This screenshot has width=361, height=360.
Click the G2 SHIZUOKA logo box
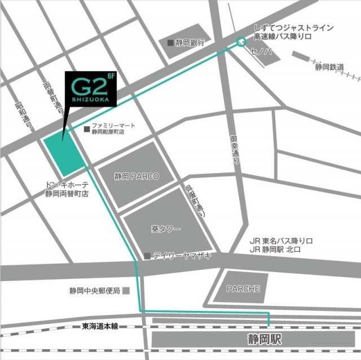91,89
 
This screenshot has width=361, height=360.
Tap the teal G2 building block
63,154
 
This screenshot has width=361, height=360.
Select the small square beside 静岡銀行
170,42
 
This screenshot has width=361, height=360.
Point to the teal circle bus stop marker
241,41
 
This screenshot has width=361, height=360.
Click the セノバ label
262,52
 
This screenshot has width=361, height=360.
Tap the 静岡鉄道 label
330,67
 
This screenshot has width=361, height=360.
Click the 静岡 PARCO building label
137,176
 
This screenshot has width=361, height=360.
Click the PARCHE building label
243,289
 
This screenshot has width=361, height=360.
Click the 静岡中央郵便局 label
95,291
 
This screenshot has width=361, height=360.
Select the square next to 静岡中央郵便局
126,291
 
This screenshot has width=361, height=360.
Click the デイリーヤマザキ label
182,256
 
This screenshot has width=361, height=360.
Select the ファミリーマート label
112,126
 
